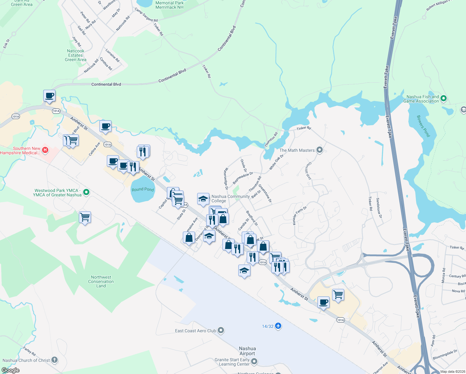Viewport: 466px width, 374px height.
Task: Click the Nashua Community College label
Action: [231, 199]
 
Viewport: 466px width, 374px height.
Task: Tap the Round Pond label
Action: [143, 189]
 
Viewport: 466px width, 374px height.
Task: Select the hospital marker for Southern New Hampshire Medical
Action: [45, 151]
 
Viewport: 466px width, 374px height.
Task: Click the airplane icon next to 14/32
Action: [278, 326]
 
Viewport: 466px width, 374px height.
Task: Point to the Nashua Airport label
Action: [247, 351]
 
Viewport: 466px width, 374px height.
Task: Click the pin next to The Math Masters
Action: [319, 150]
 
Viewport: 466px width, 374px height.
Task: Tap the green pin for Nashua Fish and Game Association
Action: [444, 98]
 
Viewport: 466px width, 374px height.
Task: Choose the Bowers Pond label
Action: [423, 126]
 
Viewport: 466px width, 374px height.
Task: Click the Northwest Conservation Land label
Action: [101, 281]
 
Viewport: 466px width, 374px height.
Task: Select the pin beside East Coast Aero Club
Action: [221, 330]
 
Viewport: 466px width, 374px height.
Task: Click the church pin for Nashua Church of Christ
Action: [55, 360]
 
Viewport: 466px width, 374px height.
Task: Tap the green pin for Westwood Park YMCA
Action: [86, 192]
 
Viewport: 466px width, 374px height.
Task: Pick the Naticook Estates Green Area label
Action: [76, 55]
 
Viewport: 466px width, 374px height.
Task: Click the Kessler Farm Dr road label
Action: [300, 215]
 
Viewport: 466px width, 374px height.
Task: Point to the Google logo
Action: [10, 370]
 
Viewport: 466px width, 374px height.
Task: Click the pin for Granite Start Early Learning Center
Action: [254, 362]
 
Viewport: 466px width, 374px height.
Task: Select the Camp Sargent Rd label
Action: [146, 15]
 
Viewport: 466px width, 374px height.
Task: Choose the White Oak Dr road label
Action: [276, 162]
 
